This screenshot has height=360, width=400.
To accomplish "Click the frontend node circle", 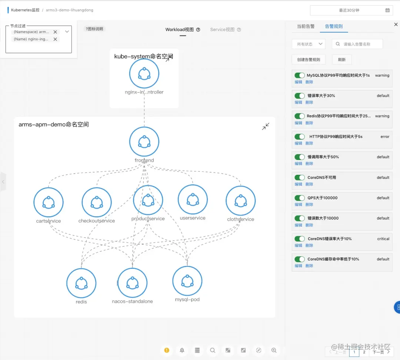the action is [144, 141].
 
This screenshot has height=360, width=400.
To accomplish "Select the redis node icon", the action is [81, 283].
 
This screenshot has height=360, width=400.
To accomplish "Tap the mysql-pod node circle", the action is [187, 281].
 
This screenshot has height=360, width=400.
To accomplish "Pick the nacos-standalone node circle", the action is [132, 283].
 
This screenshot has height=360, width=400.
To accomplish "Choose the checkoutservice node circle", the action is [97, 202].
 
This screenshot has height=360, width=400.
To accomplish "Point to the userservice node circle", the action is [193, 200].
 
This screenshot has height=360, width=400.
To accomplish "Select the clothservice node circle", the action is [241, 201].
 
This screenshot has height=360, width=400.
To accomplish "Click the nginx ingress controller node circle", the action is [144, 73].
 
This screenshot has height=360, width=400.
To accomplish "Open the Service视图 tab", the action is [222, 30].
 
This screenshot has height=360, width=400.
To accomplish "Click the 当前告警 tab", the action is [306, 26].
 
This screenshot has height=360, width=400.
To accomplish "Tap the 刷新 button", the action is [341, 60].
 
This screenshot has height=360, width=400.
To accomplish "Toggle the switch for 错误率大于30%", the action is [300, 96].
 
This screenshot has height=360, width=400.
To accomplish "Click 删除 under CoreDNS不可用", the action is [309, 184].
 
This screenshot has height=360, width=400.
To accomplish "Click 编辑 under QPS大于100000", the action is [298, 204].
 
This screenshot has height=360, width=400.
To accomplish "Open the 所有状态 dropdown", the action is [309, 44].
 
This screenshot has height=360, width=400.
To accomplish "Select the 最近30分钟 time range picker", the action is [351, 10].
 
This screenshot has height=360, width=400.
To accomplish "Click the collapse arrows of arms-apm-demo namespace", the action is [266, 127].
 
